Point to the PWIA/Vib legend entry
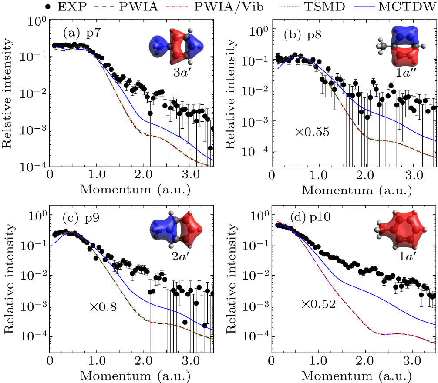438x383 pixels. point(237,7)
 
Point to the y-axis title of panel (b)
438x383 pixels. point(232,91)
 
